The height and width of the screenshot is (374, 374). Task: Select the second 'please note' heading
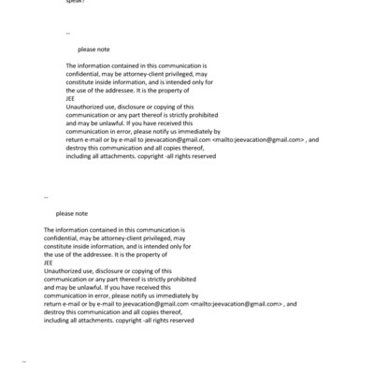coord(71,213)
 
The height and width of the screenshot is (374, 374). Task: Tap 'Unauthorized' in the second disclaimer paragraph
coord(62,270)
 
